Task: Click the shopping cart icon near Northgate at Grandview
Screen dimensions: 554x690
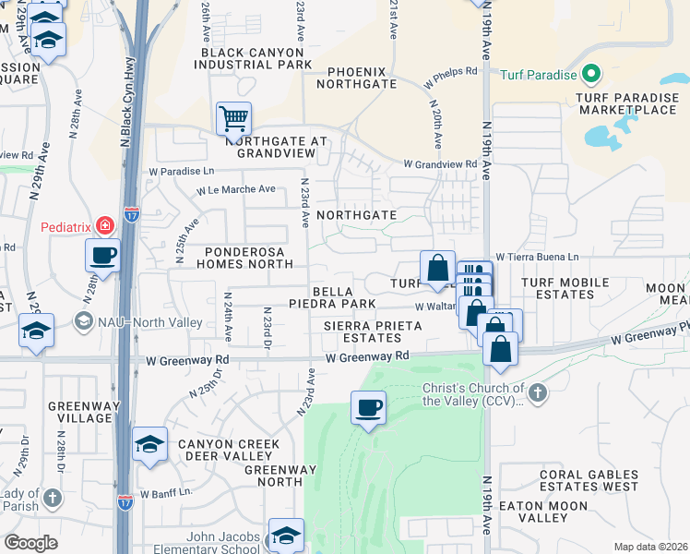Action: (233, 118)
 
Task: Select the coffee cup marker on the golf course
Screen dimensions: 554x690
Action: (368, 407)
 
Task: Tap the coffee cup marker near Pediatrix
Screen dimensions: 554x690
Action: (102, 255)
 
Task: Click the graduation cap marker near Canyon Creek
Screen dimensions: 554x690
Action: (149, 444)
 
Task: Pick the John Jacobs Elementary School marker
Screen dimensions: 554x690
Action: (286, 535)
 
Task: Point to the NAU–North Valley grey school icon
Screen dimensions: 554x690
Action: (84, 320)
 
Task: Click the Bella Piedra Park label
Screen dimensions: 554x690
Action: (344, 297)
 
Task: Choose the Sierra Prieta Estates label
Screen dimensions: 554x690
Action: (373, 331)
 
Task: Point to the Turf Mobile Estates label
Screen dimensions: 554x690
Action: (565, 288)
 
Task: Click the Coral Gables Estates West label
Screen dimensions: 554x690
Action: (589, 480)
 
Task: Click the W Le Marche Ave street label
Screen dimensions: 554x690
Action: (235, 189)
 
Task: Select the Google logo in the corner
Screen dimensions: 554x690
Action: (31, 542)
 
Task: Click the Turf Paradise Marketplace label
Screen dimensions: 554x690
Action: (626, 102)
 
